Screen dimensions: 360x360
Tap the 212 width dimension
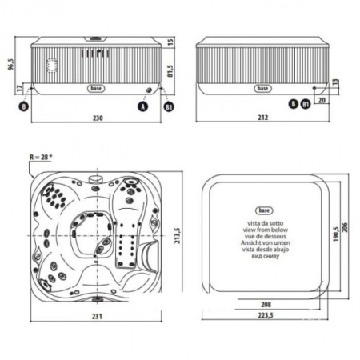coord(262,118)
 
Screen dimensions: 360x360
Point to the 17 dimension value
coord(18,90)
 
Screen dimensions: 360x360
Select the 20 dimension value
coord(321,101)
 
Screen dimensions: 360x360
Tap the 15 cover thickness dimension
coord(170,41)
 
